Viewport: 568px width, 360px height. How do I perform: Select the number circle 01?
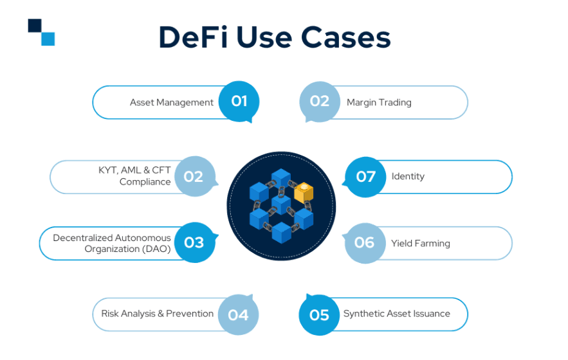239,101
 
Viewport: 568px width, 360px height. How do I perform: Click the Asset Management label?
171,102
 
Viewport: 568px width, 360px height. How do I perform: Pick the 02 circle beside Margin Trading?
320,101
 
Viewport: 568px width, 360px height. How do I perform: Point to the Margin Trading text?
379,102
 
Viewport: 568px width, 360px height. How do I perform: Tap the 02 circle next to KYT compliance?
194,176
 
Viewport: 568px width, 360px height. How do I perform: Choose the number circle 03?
194,242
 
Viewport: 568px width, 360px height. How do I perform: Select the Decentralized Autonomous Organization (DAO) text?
112,244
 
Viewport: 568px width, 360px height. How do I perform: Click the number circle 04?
238,314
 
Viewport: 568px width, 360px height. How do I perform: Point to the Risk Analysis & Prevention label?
157,314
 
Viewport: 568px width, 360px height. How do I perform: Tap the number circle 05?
320,314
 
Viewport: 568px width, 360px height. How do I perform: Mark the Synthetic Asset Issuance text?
396,314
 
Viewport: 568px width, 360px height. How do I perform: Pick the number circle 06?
365,242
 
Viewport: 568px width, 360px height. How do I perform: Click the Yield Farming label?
420,244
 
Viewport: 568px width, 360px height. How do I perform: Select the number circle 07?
365,176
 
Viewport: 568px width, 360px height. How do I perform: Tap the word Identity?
408,176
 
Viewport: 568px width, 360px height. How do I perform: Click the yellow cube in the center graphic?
304,192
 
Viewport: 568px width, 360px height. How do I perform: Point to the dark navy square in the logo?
35,26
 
